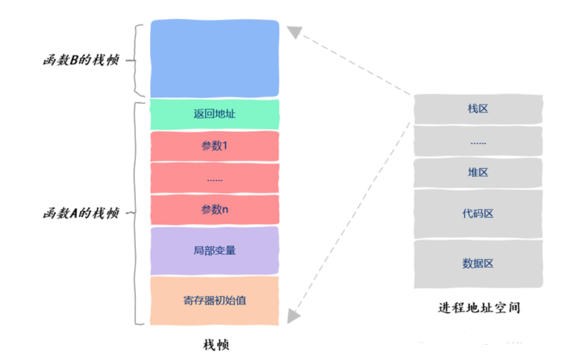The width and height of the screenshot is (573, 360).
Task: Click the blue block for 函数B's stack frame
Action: coord(214,58)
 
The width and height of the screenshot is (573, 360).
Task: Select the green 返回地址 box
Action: coord(214,114)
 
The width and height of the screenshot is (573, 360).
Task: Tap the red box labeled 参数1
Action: coord(214,146)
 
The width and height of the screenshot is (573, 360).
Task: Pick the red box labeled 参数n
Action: coord(214,209)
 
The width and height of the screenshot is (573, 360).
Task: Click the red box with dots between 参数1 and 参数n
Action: coord(214,178)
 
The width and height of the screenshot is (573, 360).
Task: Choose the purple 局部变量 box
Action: coord(214,251)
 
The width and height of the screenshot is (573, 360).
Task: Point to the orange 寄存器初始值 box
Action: coord(214,300)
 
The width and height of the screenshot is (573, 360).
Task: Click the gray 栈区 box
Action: coord(478,109)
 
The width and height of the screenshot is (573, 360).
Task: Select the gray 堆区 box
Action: coord(478,172)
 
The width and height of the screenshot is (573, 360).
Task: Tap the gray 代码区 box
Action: coord(478,214)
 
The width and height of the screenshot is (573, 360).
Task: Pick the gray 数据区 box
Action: coord(478,263)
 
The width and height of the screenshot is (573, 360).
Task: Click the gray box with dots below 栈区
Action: coord(478,142)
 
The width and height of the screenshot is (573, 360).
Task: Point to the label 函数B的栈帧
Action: coord(81,60)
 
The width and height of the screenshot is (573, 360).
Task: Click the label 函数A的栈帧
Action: coord(81,213)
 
